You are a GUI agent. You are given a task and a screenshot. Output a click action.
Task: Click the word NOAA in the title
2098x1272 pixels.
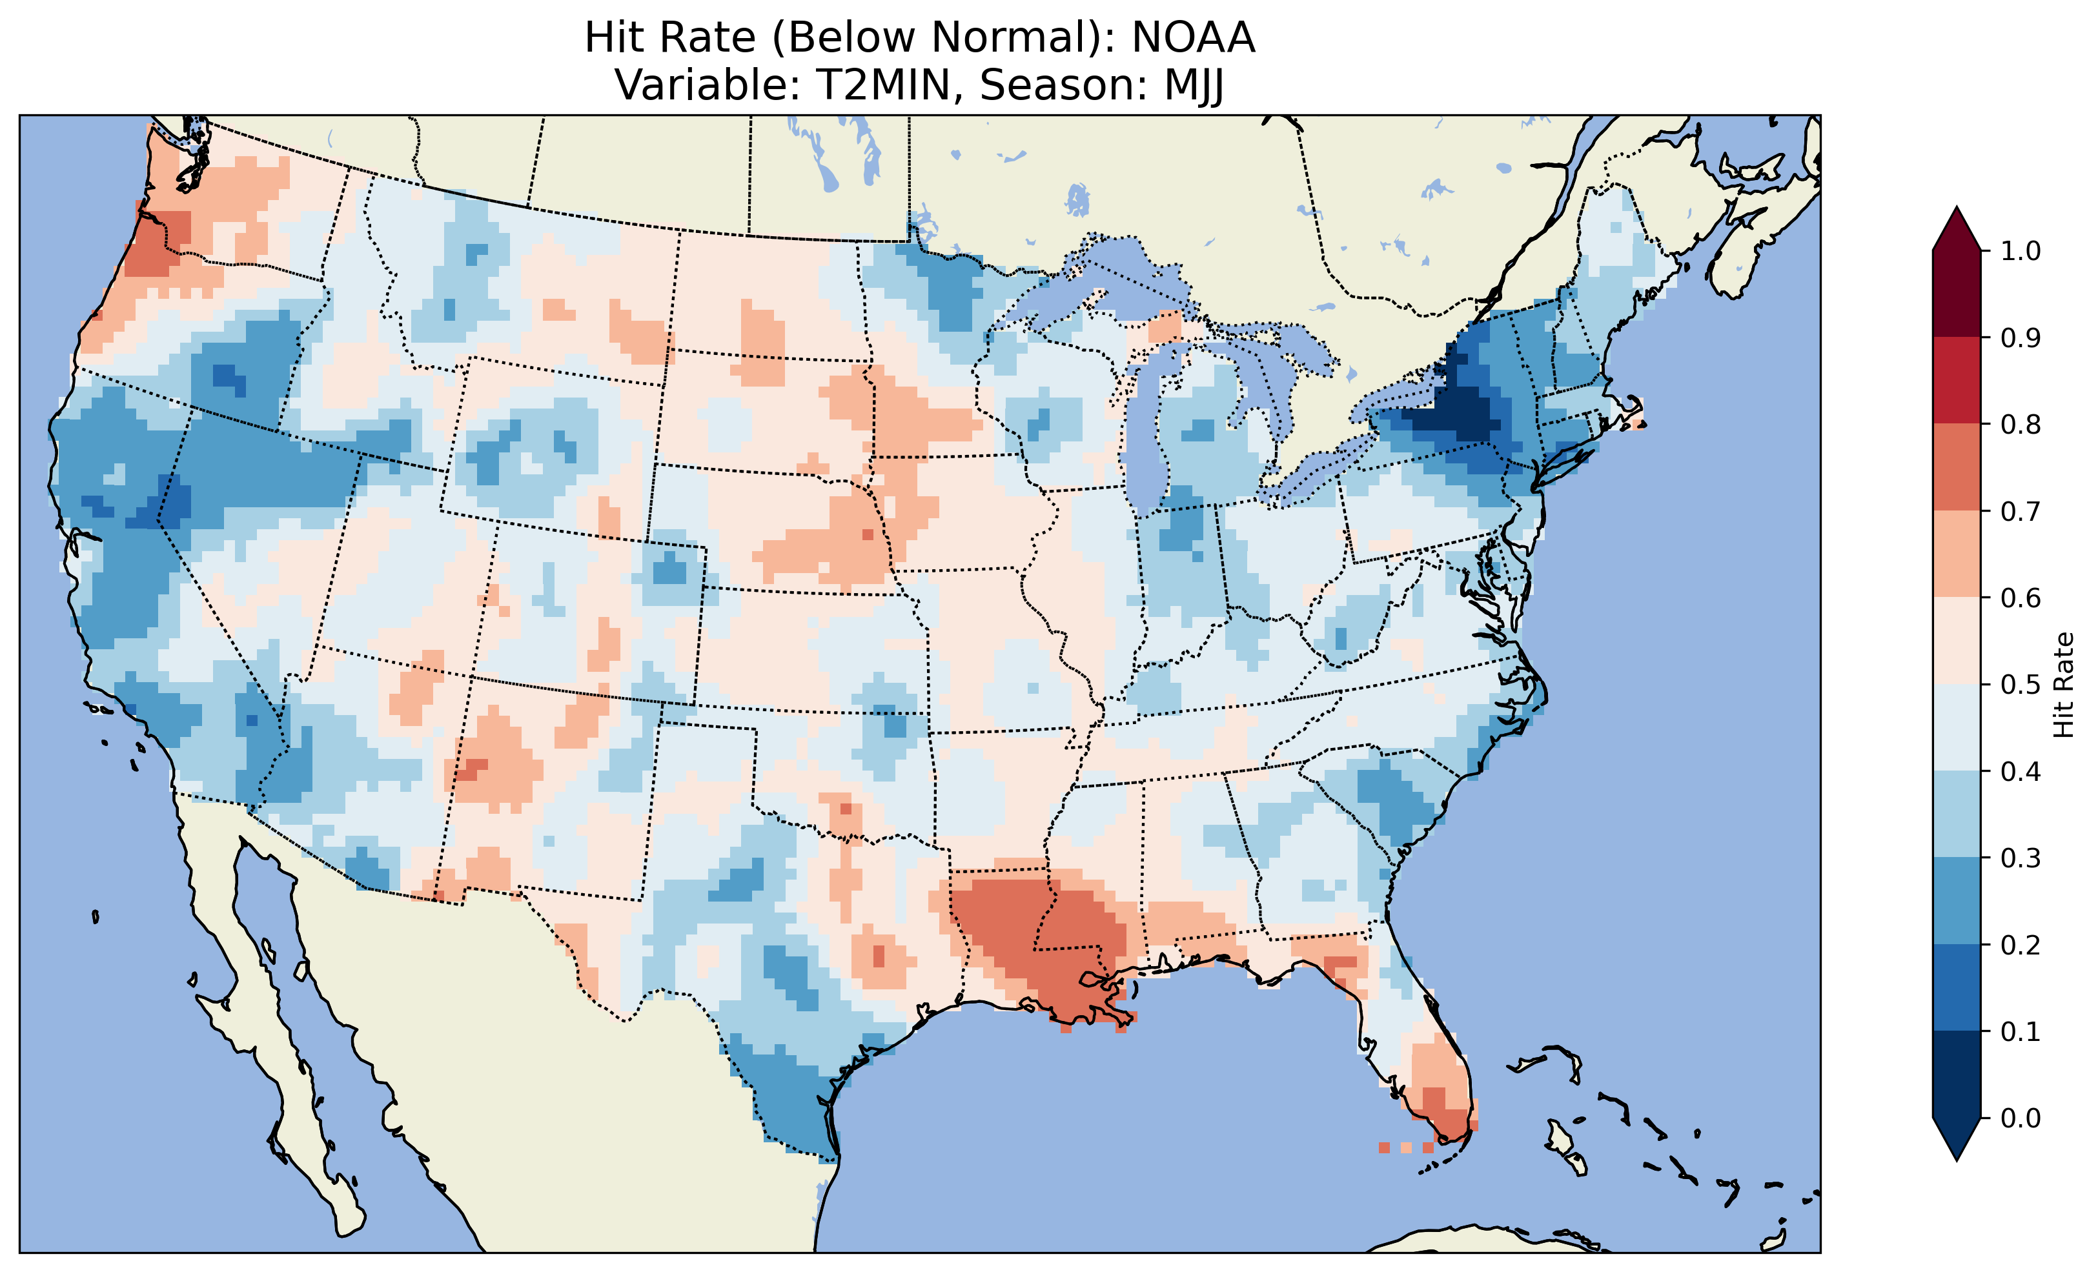1193,38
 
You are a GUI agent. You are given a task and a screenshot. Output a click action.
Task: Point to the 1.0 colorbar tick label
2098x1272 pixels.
2021,251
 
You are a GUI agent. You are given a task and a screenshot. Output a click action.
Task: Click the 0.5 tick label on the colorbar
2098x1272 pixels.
2021,685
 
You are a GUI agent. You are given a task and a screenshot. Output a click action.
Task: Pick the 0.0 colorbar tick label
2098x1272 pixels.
2021,1118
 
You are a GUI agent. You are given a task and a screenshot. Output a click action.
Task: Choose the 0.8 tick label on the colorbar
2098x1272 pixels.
2021,424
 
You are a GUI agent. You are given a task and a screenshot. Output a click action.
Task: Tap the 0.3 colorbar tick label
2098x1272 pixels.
2021,858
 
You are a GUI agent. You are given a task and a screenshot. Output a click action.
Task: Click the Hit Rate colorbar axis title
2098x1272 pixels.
2063,685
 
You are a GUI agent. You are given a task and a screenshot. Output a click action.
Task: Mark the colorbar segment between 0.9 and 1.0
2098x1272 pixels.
1957,294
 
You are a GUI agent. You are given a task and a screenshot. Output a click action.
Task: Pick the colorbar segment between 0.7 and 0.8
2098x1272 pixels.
1957,467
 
